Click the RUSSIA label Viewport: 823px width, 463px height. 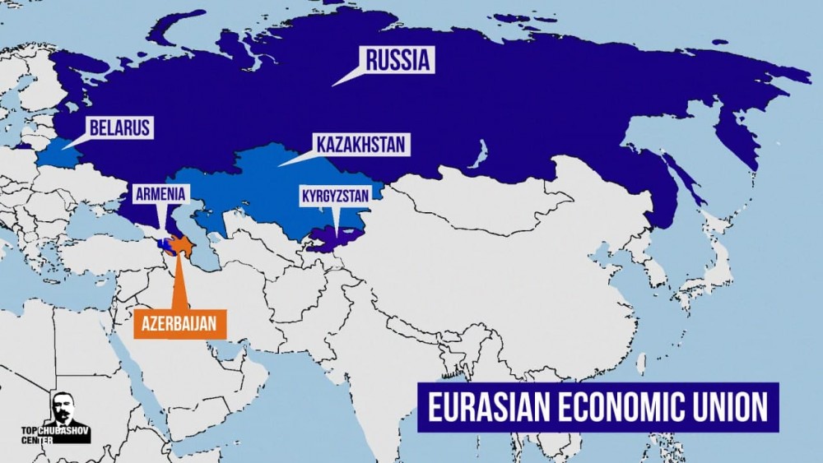(398, 59)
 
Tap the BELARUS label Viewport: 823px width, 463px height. (120, 127)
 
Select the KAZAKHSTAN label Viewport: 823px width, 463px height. (360, 145)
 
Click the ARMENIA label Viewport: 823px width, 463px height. (162, 194)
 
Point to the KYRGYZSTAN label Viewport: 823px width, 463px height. (336, 195)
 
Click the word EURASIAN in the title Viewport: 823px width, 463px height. (487, 408)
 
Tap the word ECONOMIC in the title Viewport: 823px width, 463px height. (626, 408)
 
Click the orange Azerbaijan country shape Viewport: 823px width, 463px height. (182, 245)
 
